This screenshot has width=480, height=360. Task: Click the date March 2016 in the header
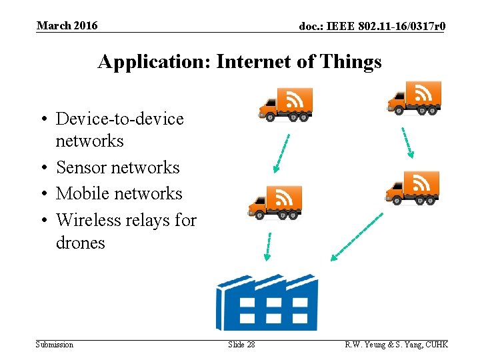point(67,26)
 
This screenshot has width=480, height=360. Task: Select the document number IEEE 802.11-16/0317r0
point(372,27)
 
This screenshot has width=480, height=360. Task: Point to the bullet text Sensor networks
point(118,167)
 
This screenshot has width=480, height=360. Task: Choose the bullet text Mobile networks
point(119,193)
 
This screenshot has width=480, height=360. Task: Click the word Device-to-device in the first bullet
point(119,119)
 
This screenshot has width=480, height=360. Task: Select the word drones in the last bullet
point(80,243)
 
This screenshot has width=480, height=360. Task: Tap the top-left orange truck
point(285,104)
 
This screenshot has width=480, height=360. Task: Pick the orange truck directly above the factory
point(275,202)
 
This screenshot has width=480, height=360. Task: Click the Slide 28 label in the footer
point(241,345)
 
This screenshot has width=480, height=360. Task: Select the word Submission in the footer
point(55,345)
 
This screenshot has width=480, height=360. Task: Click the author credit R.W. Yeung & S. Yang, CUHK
point(396,345)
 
